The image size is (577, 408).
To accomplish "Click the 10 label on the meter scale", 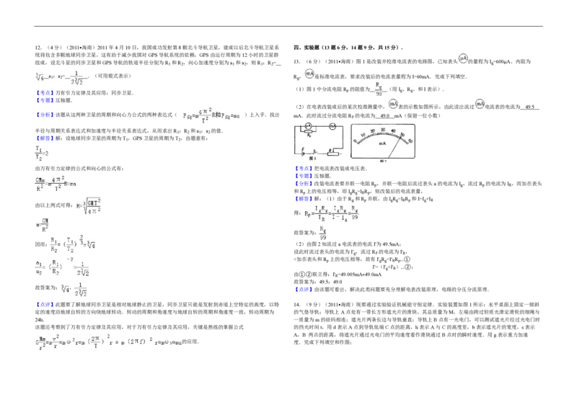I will click(363, 135).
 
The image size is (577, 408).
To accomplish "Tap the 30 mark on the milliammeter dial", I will click(383, 130).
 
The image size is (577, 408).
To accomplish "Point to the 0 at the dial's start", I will click(355, 141).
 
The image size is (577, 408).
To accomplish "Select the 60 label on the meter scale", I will click(410, 141).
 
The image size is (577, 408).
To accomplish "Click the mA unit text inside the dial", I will click(382, 143).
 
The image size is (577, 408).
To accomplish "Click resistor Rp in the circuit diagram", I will click(308, 131).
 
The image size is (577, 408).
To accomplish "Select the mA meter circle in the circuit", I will click(332, 126).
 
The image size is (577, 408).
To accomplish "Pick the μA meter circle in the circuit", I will click(308, 125).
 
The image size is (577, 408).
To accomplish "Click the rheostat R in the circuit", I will click(332, 154).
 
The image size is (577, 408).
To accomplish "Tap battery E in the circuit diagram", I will click(303, 154).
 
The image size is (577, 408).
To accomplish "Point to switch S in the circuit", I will click(315, 152).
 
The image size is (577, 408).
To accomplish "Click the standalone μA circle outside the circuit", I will click(463, 58).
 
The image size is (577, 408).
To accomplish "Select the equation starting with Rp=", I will click(331, 213).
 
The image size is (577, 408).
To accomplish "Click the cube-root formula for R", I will click(89, 208).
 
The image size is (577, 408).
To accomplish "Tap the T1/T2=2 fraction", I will click(43, 154).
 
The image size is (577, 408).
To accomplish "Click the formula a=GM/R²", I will click(43, 224).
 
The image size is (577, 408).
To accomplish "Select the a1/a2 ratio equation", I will click(63, 266).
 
